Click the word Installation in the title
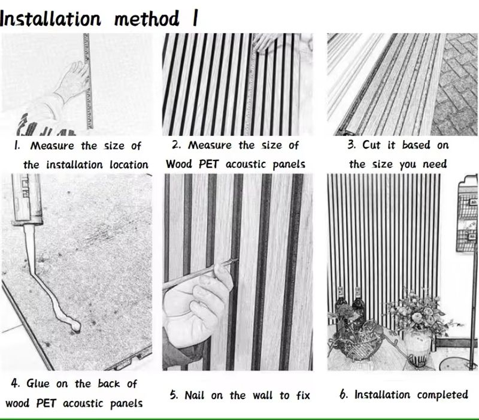pyautogui.click(x=50, y=19)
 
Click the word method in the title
pyautogui.click(x=146, y=19)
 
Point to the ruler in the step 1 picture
pyautogui.click(x=87, y=81)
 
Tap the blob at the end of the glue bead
pyautogui.click(x=75, y=327)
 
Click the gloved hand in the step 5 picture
pyautogui.click(x=196, y=309)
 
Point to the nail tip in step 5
pyautogui.click(x=236, y=260)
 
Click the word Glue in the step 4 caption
pyautogui.click(x=38, y=383)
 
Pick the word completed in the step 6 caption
pyautogui.click(x=442, y=395)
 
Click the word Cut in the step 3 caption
pyautogui.click(x=371, y=144)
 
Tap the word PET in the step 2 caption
pyautogui.click(x=208, y=164)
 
